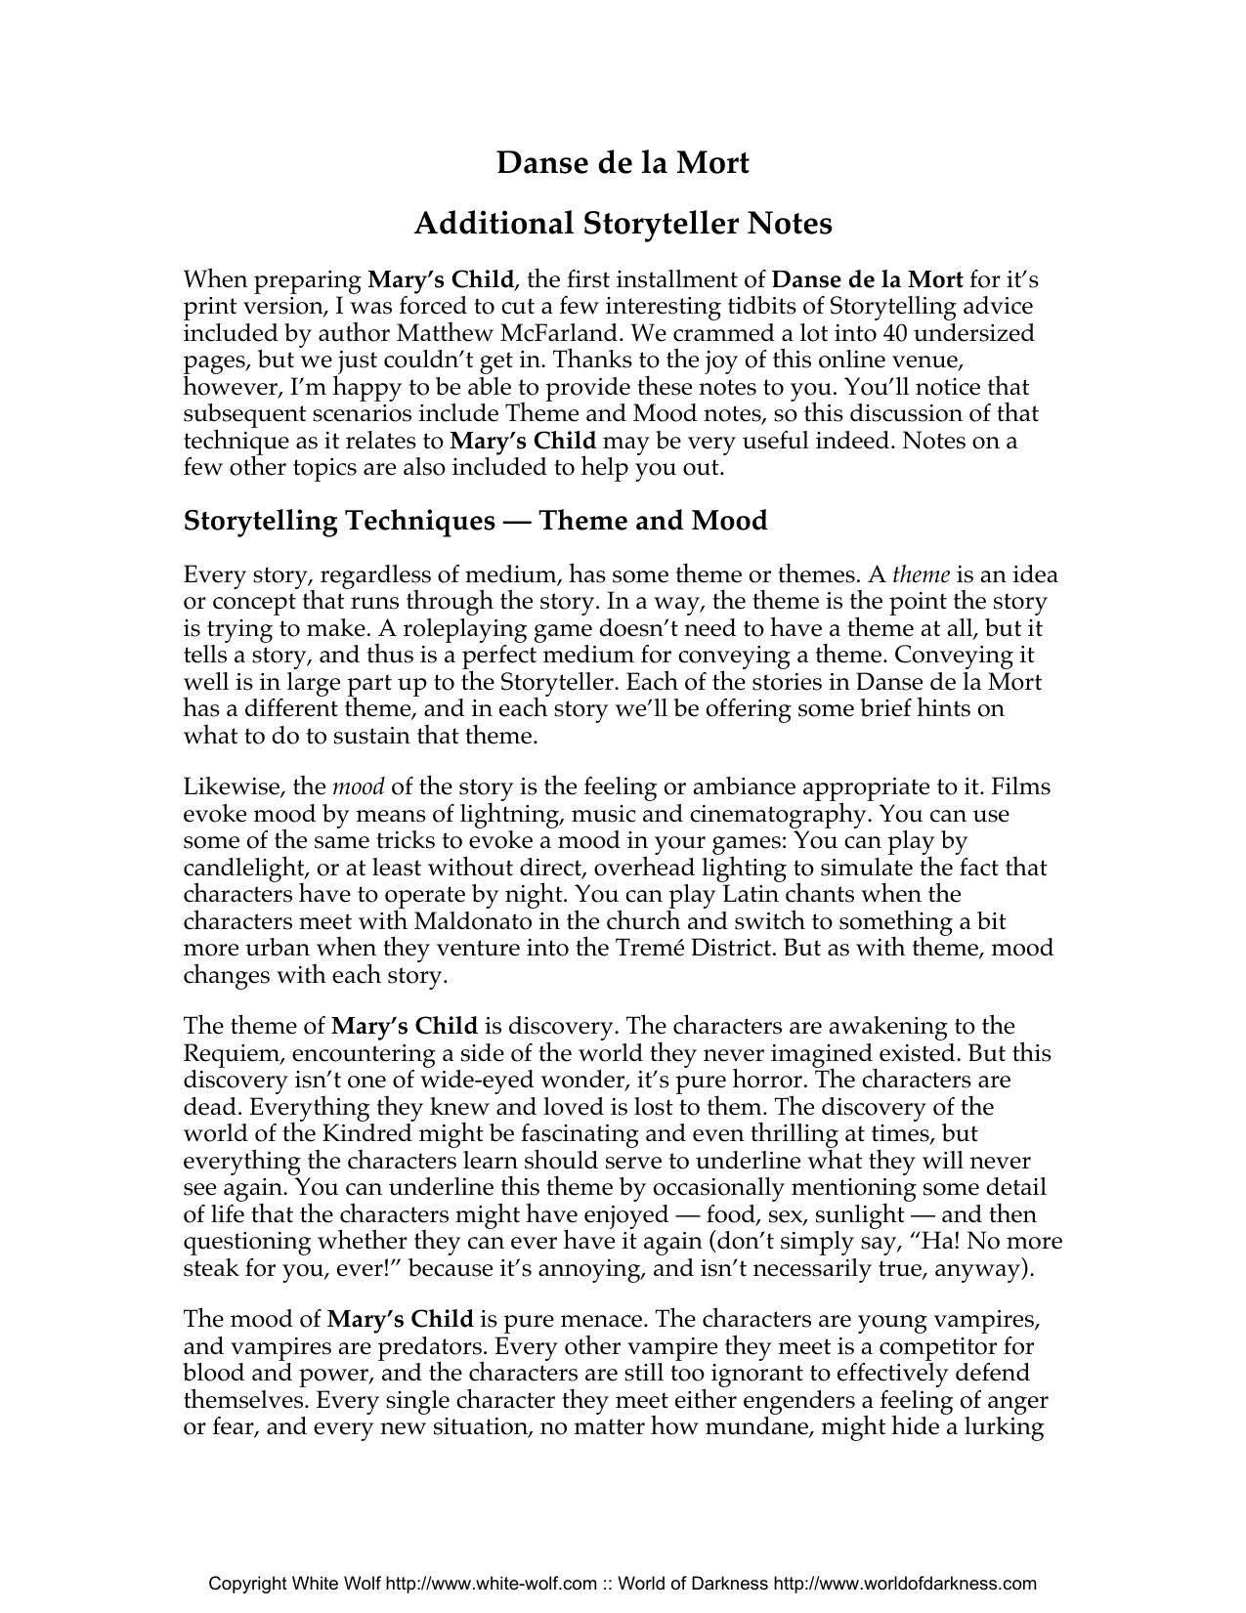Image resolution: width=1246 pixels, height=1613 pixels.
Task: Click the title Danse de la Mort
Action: pos(623,162)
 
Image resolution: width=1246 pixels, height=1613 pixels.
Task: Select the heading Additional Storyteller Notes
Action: pos(623,224)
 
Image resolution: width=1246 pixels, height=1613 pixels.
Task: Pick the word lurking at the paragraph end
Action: pos(1008,1427)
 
